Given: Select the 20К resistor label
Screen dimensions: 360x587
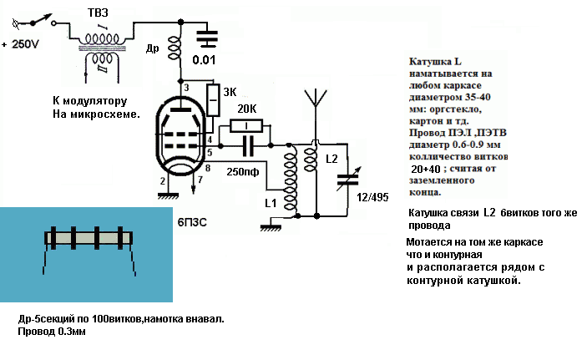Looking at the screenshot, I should (246, 109).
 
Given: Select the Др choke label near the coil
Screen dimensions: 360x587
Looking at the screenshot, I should (152, 49).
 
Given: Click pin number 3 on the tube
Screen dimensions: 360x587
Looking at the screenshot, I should (187, 88).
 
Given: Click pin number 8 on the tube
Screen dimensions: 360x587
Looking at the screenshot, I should (207, 170).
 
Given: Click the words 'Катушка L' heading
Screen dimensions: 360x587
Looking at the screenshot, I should (435, 62).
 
